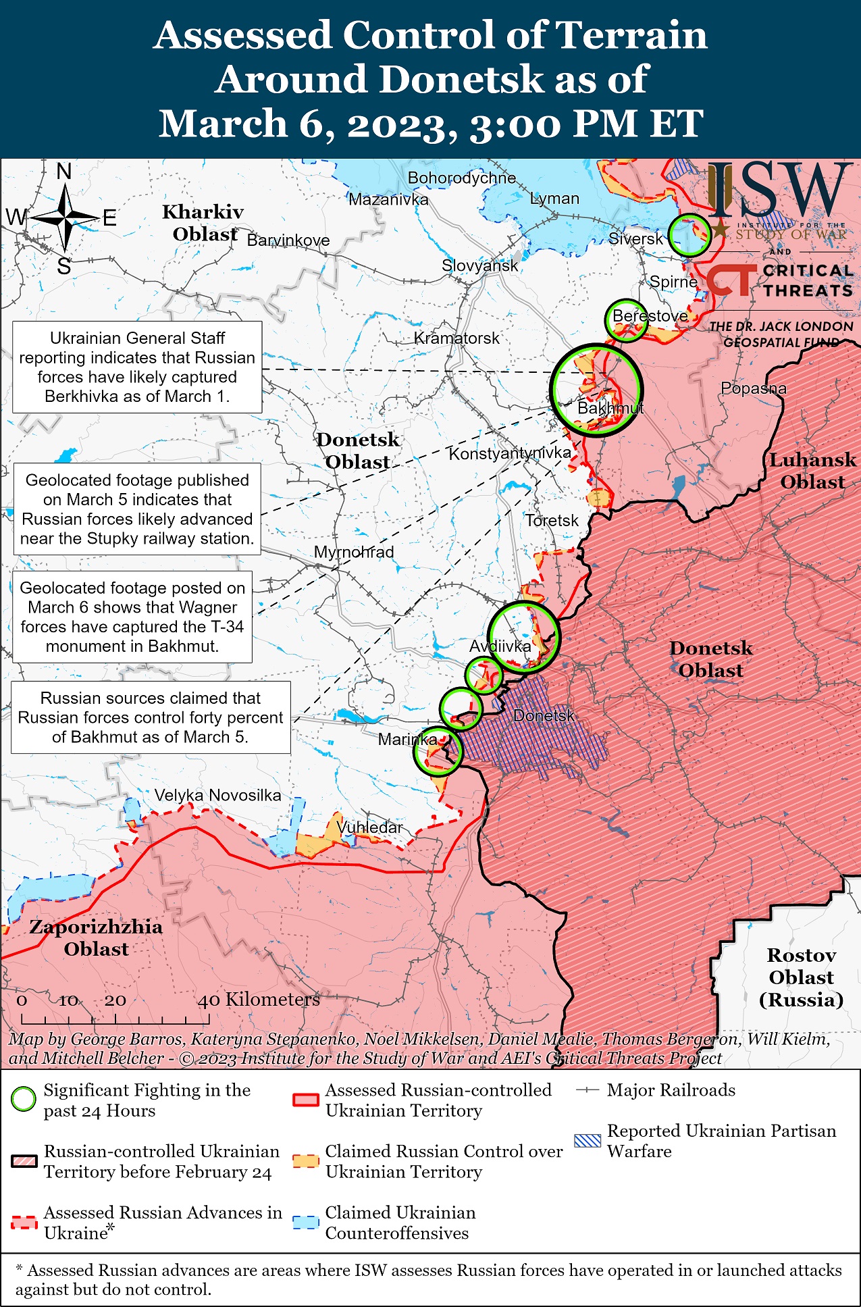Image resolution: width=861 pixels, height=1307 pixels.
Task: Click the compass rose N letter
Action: pos(63,172)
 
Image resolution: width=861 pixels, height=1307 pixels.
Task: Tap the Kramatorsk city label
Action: pos(456,338)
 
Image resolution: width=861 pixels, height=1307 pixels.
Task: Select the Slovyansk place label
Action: pos(479,265)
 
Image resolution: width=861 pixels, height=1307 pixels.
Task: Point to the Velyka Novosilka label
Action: pos(217,795)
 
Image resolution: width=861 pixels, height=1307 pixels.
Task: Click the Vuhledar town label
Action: pos(369,827)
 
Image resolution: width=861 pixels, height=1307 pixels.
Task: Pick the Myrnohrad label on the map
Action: pos(353,552)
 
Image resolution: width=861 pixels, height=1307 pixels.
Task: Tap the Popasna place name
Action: pos(753,388)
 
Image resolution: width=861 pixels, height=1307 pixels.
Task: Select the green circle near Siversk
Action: pos(689,235)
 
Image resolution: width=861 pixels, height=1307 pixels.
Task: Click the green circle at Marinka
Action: pos(437,750)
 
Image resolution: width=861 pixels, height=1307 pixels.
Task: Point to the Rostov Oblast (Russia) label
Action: pos(801,977)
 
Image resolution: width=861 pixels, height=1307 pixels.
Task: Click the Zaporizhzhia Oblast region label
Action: pos(96,938)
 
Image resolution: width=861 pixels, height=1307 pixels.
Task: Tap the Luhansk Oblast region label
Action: pos(812,471)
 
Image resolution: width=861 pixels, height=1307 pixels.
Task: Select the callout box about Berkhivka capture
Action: pos(137,367)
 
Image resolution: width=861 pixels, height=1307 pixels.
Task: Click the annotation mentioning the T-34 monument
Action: pos(132,617)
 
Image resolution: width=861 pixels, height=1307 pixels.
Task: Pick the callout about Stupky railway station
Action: pos(137,509)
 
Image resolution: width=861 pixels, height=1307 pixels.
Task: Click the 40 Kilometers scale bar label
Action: pos(258,1000)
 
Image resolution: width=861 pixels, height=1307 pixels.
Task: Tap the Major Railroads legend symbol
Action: pos(587,1090)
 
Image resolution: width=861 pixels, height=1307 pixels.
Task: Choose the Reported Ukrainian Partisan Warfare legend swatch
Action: pos(587,1142)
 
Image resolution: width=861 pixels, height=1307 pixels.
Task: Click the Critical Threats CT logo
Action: pos(731,280)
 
